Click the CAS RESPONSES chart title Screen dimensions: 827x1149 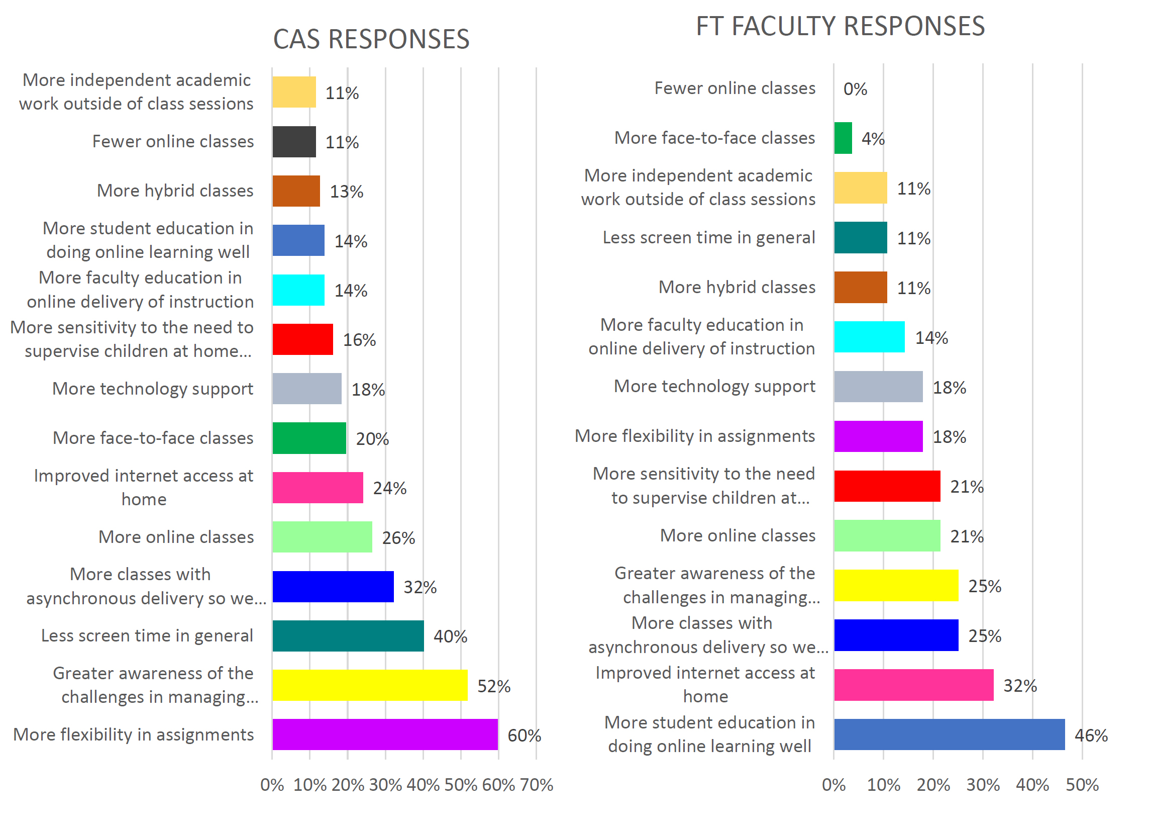[371, 40]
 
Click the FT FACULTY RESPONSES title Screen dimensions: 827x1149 [840, 26]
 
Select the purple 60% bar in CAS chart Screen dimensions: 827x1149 [385, 734]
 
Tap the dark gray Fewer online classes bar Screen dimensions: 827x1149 [294, 142]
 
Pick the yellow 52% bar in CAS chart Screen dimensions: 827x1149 [370, 685]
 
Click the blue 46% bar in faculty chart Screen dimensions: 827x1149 [949, 734]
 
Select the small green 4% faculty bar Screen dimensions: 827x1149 [843, 138]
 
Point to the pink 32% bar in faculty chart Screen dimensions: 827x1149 [913, 685]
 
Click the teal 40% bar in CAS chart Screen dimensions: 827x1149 [348, 636]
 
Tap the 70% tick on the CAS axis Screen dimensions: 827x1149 [537, 785]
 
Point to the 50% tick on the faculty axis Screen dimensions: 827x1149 [1082, 785]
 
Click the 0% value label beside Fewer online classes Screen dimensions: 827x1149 [855, 89]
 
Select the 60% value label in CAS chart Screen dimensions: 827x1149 [525, 735]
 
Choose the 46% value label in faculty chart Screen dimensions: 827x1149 [1091, 735]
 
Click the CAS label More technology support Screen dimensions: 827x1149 [153, 389]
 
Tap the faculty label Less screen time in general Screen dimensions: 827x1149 [709, 237]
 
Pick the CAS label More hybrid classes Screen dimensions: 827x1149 [175, 191]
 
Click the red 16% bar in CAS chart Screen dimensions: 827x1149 [302, 339]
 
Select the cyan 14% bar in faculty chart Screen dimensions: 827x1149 [869, 337]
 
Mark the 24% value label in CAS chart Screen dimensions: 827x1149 [389, 488]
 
